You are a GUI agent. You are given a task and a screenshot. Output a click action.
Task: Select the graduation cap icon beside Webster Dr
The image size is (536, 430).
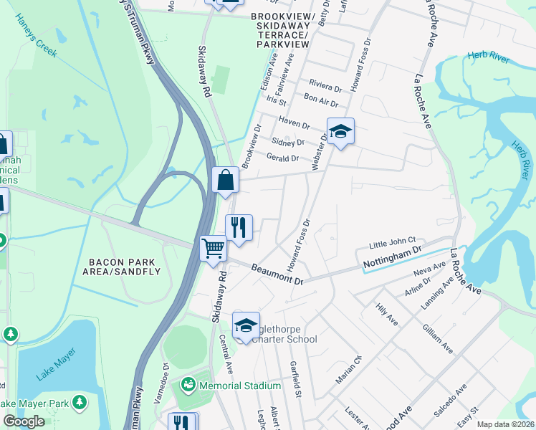[341, 131]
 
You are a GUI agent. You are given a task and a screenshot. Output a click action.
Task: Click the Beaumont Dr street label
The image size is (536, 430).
[277, 274]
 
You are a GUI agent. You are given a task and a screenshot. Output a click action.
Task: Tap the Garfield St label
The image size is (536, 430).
[295, 377]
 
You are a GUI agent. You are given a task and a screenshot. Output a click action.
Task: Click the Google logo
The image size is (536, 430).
[24, 421]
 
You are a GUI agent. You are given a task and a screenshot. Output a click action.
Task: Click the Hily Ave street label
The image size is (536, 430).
[387, 315]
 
